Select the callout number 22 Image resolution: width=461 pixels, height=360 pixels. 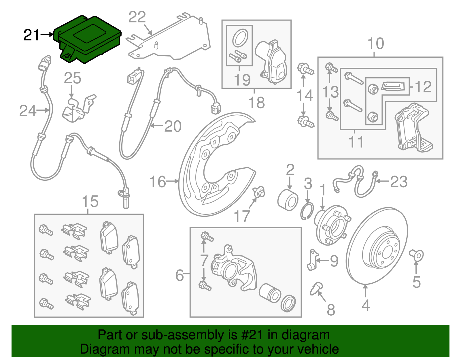137,17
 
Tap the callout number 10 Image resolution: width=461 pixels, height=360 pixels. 376,44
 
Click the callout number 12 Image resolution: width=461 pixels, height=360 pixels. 423,87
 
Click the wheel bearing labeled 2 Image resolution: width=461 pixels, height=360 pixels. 288,199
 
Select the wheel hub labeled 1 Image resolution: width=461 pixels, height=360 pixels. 331,225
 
